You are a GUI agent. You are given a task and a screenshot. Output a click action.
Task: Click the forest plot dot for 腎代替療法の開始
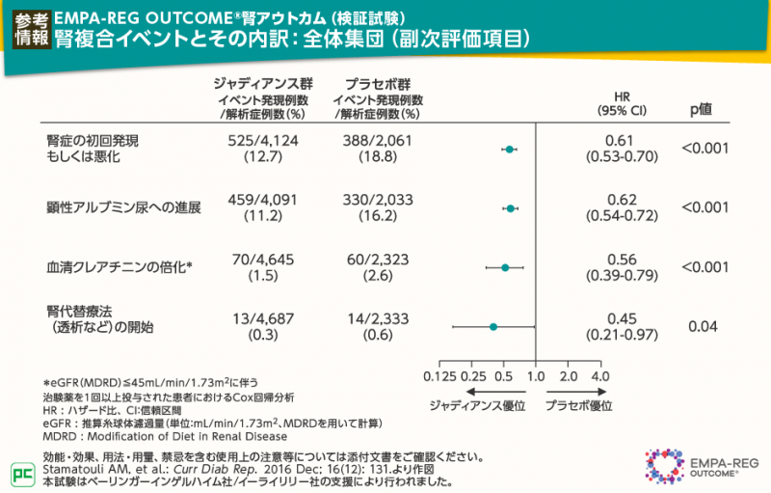[493, 327]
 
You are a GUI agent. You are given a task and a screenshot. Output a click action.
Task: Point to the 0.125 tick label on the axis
[439, 375]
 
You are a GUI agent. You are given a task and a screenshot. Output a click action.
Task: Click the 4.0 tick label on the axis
[600, 375]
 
